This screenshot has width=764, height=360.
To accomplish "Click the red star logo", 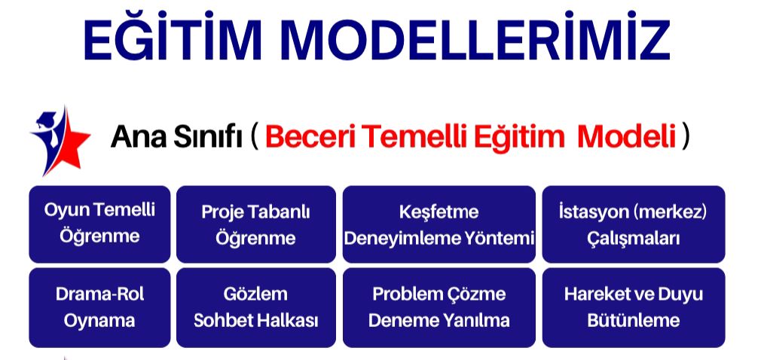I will pyautogui.click(x=60, y=140).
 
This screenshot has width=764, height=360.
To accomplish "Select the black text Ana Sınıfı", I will pyautogui.click(x=176, y=137).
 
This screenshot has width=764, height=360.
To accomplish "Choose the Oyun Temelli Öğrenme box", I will pyautogui.click(x=99, y=224).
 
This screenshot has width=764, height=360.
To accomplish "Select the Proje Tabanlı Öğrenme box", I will pyautogui.click(x=255, y=224).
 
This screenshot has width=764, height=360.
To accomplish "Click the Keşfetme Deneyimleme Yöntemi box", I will pyautogui.click(x=439, y=224).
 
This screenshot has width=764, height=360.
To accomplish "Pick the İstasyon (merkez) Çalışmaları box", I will pyautogui.click(x=633, y=224).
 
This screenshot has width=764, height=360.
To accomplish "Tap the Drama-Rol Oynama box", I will pyautogui.click(x=99, y=307).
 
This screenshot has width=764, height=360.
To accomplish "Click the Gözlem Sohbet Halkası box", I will pyautogui.click(x=255, y=307).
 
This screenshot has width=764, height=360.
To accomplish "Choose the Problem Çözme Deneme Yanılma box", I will pyautogui.click(x=439, y=307).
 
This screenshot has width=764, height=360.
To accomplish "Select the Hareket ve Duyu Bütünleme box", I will pyautogui.click(x=633, y=307).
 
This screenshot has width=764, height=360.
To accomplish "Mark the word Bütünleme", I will pyautogui.click(x=633, y=320).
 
